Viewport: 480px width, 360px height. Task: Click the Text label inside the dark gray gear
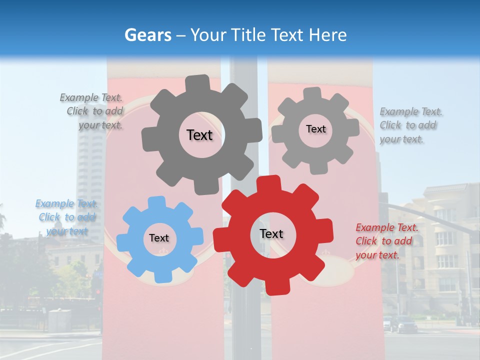pyautogui.click(x=199, y=135)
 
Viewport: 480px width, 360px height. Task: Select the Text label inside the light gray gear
pyautogui.click(x=315, y=129)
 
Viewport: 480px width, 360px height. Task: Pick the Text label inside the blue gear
pyautogui.click(x=159, y=238)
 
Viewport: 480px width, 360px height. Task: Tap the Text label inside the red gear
pyautogui.click(x=271, y=233)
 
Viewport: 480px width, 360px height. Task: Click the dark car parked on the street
pyautogui.click(x=405, y=325)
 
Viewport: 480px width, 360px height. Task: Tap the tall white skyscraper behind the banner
pyautogui.click(x=89, y=165)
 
